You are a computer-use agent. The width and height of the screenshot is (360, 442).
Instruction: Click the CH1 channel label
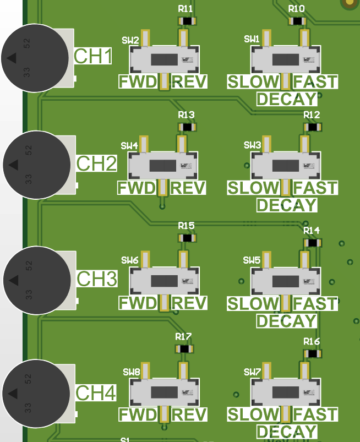click(94, 57)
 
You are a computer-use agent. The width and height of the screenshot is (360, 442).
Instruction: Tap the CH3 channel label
click(97, 279)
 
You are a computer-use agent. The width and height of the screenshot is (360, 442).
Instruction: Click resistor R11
click(188, 21)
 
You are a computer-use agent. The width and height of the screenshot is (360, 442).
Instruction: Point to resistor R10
click(298, 21)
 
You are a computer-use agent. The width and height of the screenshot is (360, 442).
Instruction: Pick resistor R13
click(188, 127)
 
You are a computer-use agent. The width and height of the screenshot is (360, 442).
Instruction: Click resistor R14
click(313, 242)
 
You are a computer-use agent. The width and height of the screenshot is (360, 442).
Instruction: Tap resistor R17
click(184, 348)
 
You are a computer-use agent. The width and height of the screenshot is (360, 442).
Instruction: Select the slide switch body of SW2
click(163, 59)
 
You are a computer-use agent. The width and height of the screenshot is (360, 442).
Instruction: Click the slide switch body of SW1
click(285, 59)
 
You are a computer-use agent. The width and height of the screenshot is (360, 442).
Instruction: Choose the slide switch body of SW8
click(163, 392)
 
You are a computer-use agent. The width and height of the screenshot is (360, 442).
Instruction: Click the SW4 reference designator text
click(129, 146)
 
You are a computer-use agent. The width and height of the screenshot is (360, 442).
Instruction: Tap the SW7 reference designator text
click(252, 373)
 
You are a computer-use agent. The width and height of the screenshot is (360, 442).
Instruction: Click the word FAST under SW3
click(315, 188)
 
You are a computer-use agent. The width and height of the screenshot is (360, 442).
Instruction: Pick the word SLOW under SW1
click(254, 83)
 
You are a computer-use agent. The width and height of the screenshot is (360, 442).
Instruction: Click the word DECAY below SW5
click(287, 320)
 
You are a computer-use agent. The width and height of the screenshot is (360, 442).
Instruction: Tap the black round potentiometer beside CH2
click(36, 165)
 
